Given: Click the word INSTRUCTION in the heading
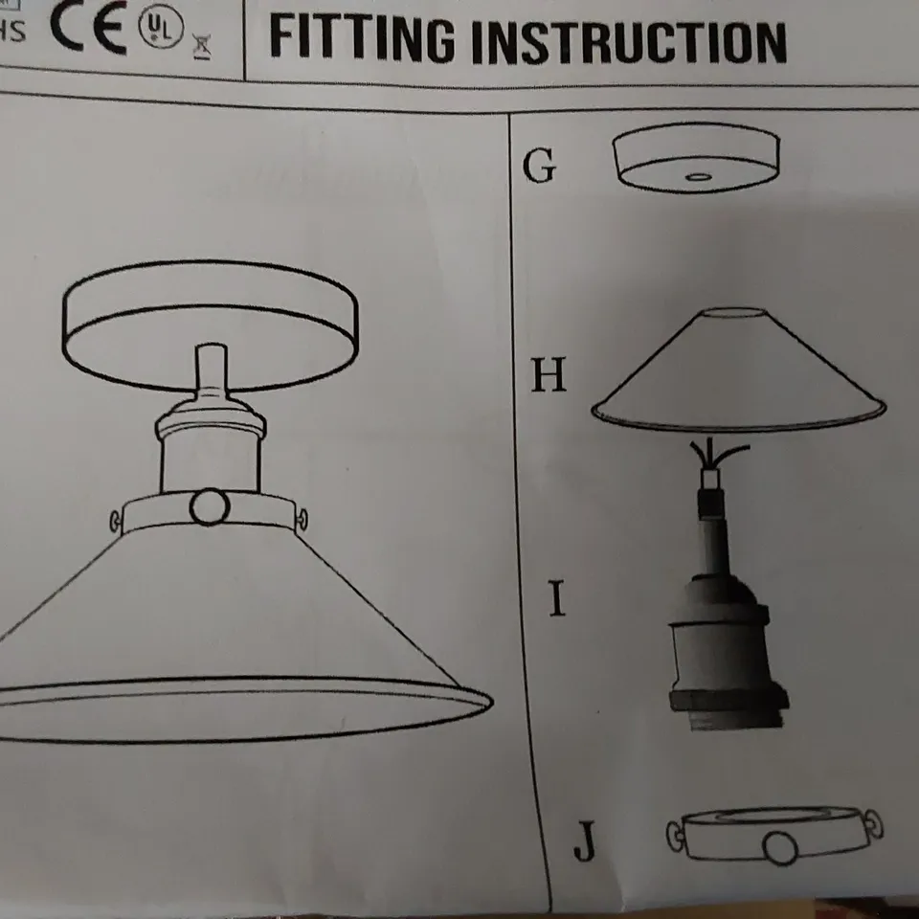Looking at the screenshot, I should tap(630, 42).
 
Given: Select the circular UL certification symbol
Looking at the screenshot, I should tap(159, 31).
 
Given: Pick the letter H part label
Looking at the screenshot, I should tap(549, 376).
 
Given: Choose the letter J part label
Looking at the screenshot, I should tap(584, 842).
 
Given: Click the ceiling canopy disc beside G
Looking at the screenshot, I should tap(696, 159).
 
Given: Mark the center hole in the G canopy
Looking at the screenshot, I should tap(698, 176).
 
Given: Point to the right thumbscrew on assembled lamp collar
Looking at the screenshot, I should tap(305, 518).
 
